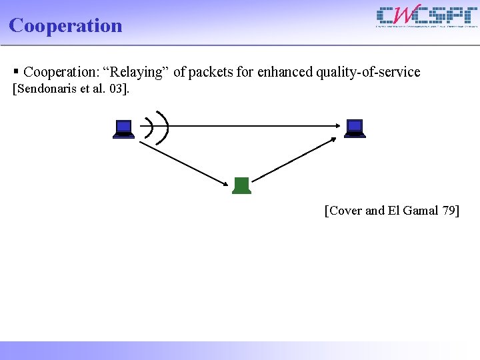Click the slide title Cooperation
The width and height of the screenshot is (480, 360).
click(65, 25)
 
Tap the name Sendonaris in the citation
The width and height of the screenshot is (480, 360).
click(47, 89)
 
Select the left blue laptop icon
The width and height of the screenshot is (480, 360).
click(123, 128)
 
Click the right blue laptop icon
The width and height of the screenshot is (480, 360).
click(355, 128)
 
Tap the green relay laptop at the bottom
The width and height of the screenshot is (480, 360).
click(241, 186)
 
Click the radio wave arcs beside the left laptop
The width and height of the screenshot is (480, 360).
click(157, 126)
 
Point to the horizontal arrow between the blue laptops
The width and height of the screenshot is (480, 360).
click(253, 125)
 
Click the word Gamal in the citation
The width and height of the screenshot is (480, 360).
click(421, 211)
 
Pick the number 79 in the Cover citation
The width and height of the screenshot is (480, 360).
click(449, 211)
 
